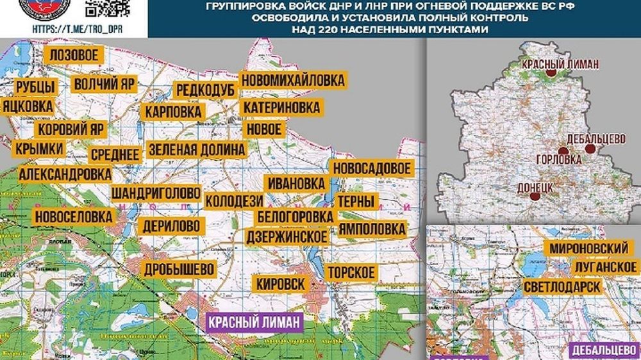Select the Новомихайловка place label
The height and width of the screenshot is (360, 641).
pyautogui.click(x=293, y=81)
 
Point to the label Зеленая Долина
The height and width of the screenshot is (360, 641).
pyautogui.click(x=196, y=149)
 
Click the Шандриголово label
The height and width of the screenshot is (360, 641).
pyautogui.click(x=156, y=192)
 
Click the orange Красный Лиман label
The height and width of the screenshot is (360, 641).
pyautogui.click(x=560, y=64)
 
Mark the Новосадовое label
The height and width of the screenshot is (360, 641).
pyautogui.click(x=370, y=168)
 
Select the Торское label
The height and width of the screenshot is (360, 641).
pyautogui.click(x=351, y=272)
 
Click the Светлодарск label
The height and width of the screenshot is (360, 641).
pyautogui.click(x=562, y=286)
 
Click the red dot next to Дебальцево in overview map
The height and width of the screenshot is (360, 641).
pyautogui.click(x=592, y=149)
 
